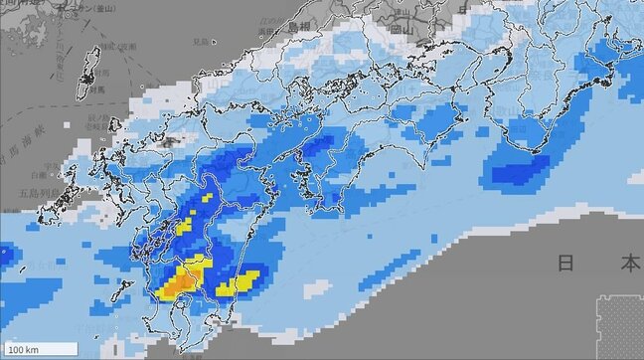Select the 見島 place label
tap(201, 41)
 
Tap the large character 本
tap(629, 264)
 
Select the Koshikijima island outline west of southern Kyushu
tap(121, 289)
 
